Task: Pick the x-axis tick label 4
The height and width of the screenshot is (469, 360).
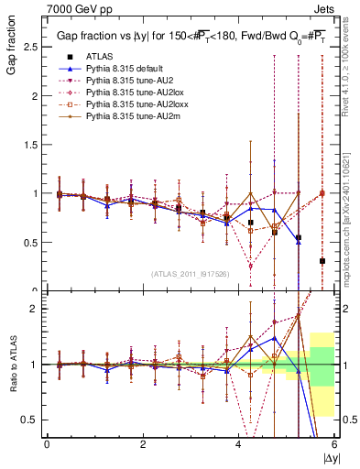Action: tap(238, 444)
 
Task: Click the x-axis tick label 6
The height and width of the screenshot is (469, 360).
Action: tap(334, 444)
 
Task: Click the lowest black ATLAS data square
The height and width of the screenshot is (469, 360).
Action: tap(322, 261)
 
